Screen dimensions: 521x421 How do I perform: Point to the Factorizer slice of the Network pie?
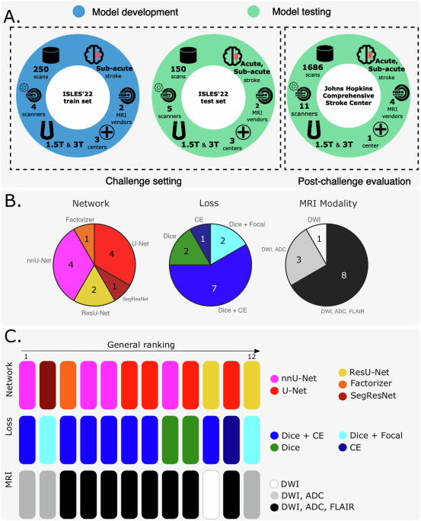click(86, 238)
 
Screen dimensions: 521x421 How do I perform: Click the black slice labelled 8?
click(346, 275)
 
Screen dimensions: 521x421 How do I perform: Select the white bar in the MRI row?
click(212, 492)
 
